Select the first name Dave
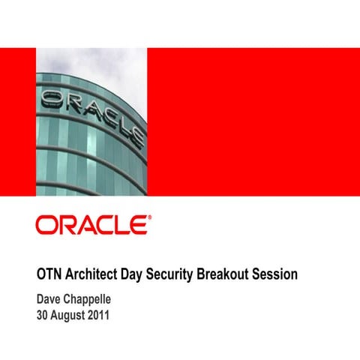pos(50,299)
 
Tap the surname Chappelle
pos(94,299)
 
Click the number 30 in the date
pos(44,316)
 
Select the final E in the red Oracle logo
pos(139,226)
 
